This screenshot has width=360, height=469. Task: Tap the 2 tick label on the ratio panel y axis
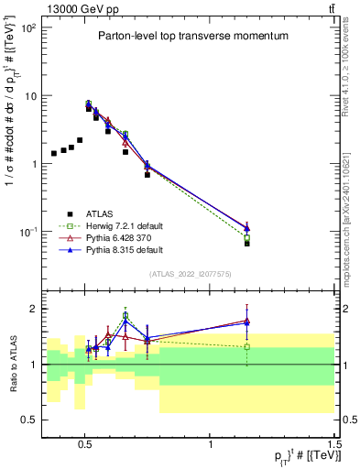33,309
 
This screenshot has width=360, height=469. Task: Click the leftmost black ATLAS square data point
54,153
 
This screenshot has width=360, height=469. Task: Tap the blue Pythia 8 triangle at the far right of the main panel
246,228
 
